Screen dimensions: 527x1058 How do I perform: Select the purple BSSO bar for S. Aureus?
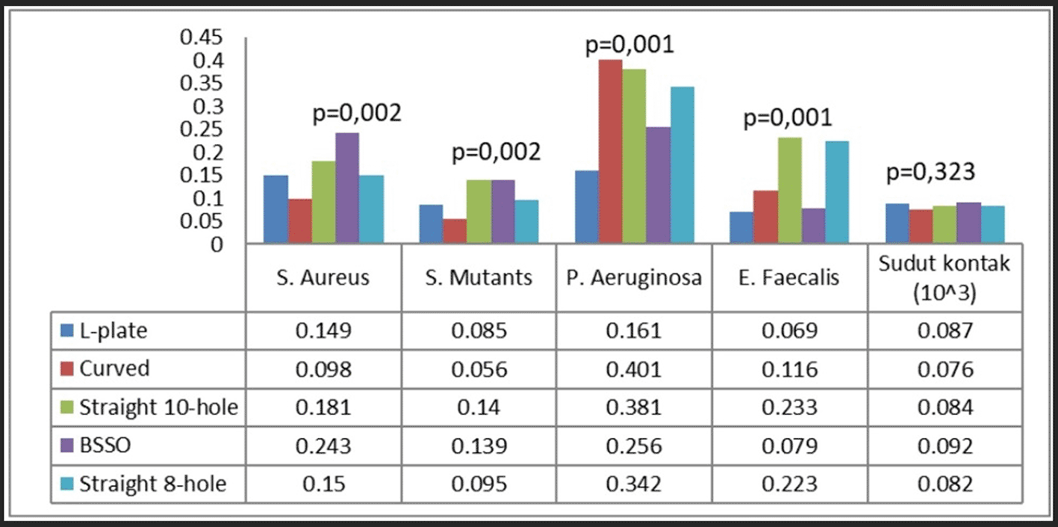click(347, 188)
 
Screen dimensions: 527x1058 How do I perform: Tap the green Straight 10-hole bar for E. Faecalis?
click(789, 190)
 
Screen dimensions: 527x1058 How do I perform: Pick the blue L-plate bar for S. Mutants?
click(431, 224)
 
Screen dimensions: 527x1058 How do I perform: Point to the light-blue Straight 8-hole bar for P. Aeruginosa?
click(682, 164)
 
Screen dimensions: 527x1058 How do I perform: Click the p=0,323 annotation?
click(930, 172)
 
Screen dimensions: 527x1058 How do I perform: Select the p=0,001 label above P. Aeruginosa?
click(629, 46)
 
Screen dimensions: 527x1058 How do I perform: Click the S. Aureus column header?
click(323, 278)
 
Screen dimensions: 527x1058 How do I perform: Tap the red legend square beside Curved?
click(67, 369)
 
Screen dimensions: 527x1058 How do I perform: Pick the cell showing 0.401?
click(634, 369)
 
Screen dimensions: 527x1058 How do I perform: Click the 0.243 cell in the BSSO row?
click(323, 446)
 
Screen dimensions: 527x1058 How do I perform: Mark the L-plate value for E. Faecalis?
click(789, 330)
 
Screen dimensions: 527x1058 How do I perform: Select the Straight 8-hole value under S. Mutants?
click(479, 484)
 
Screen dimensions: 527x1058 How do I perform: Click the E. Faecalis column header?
click(789, 278)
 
